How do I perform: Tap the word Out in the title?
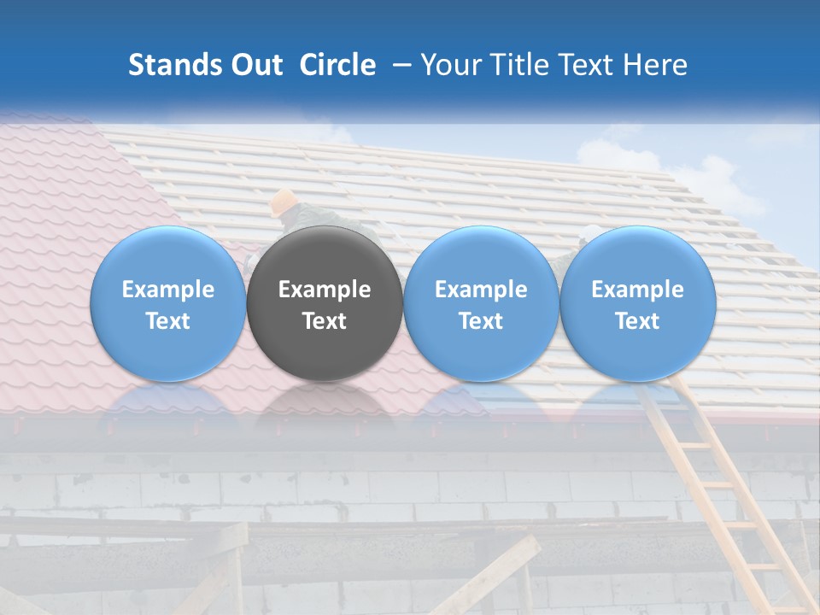[254, 65]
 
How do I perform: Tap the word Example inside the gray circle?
[325, 290]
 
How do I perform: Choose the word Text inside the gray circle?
[325, 321]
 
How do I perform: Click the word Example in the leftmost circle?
[168, 290]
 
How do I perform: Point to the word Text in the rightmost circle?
[638, 321]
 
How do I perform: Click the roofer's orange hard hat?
[283, 202]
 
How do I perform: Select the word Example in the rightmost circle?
[638, 290]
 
